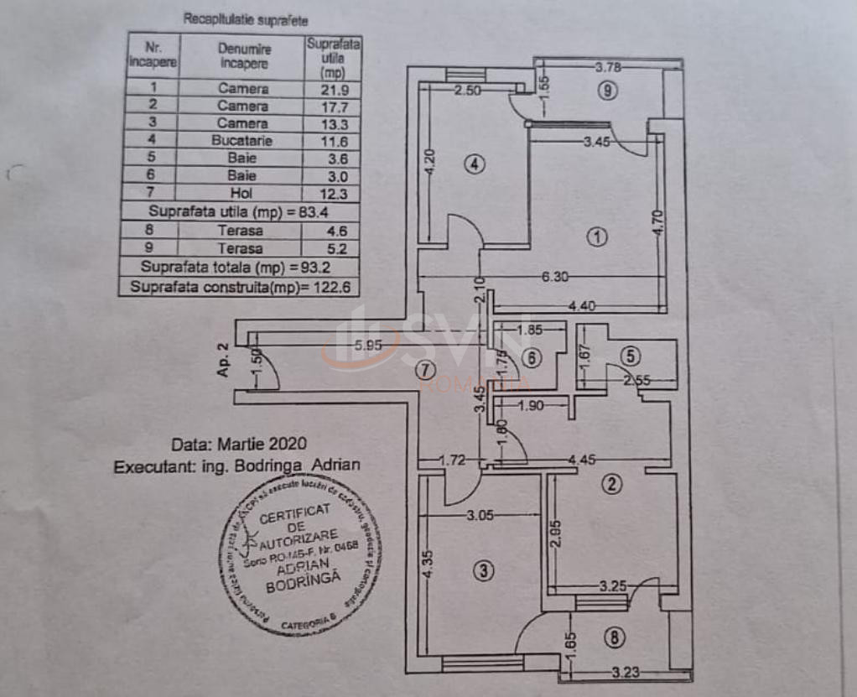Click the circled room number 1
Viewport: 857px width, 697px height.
pos(596,237)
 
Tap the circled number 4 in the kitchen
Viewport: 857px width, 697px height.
pos(475,164)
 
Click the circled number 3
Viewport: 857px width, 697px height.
pos(483,571)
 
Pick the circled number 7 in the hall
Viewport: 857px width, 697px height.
pos(425,368)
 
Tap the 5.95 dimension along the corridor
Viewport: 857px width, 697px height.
pos(369,344)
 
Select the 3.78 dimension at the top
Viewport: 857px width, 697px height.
pos(609,67)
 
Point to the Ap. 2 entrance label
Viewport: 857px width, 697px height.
pos(223,359)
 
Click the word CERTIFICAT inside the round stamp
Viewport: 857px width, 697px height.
pos(294,514)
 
